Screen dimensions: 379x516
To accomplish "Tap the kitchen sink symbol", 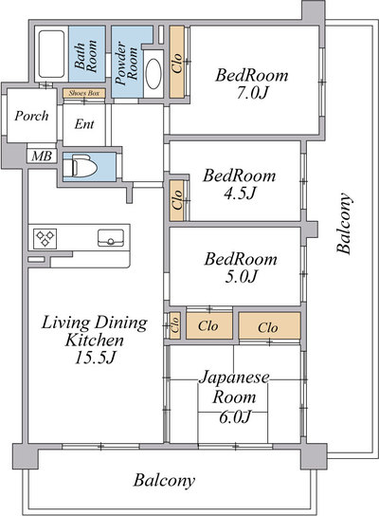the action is point(111,238).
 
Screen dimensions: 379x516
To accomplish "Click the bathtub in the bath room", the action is point(51,54).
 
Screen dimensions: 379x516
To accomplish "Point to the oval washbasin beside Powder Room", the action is point(153,74).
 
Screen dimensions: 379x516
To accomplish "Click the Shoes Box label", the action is point(84,93).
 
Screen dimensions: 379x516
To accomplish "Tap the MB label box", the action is point(42,156).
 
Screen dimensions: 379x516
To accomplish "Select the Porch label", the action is point(31,116).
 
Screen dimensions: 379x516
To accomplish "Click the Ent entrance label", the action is point(84,124).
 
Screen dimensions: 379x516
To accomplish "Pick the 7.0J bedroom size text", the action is point(251,93).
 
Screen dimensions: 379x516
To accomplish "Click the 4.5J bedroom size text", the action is point(240,193).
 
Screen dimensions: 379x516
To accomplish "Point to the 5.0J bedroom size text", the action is point(241,276).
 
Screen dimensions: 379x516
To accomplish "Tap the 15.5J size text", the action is point(95,358).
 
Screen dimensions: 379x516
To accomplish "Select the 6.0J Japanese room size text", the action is point(235,417).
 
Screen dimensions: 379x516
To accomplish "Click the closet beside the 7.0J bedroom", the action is point(177,62).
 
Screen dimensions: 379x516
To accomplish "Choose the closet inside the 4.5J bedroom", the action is point(177,200).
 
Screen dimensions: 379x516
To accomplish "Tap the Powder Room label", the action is point(126,64).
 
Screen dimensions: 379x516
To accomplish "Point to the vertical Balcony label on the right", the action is point(344,223).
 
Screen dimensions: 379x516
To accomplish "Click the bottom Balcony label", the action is point(164,481).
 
